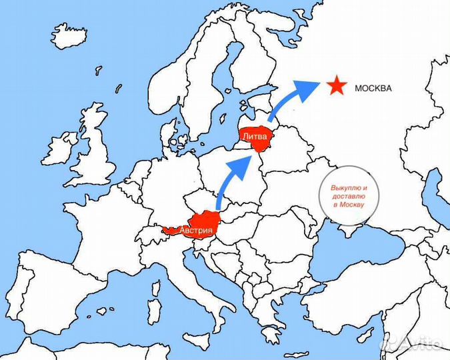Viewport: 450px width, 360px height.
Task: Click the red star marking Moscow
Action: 337,86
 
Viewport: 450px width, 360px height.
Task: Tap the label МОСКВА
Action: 373,89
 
